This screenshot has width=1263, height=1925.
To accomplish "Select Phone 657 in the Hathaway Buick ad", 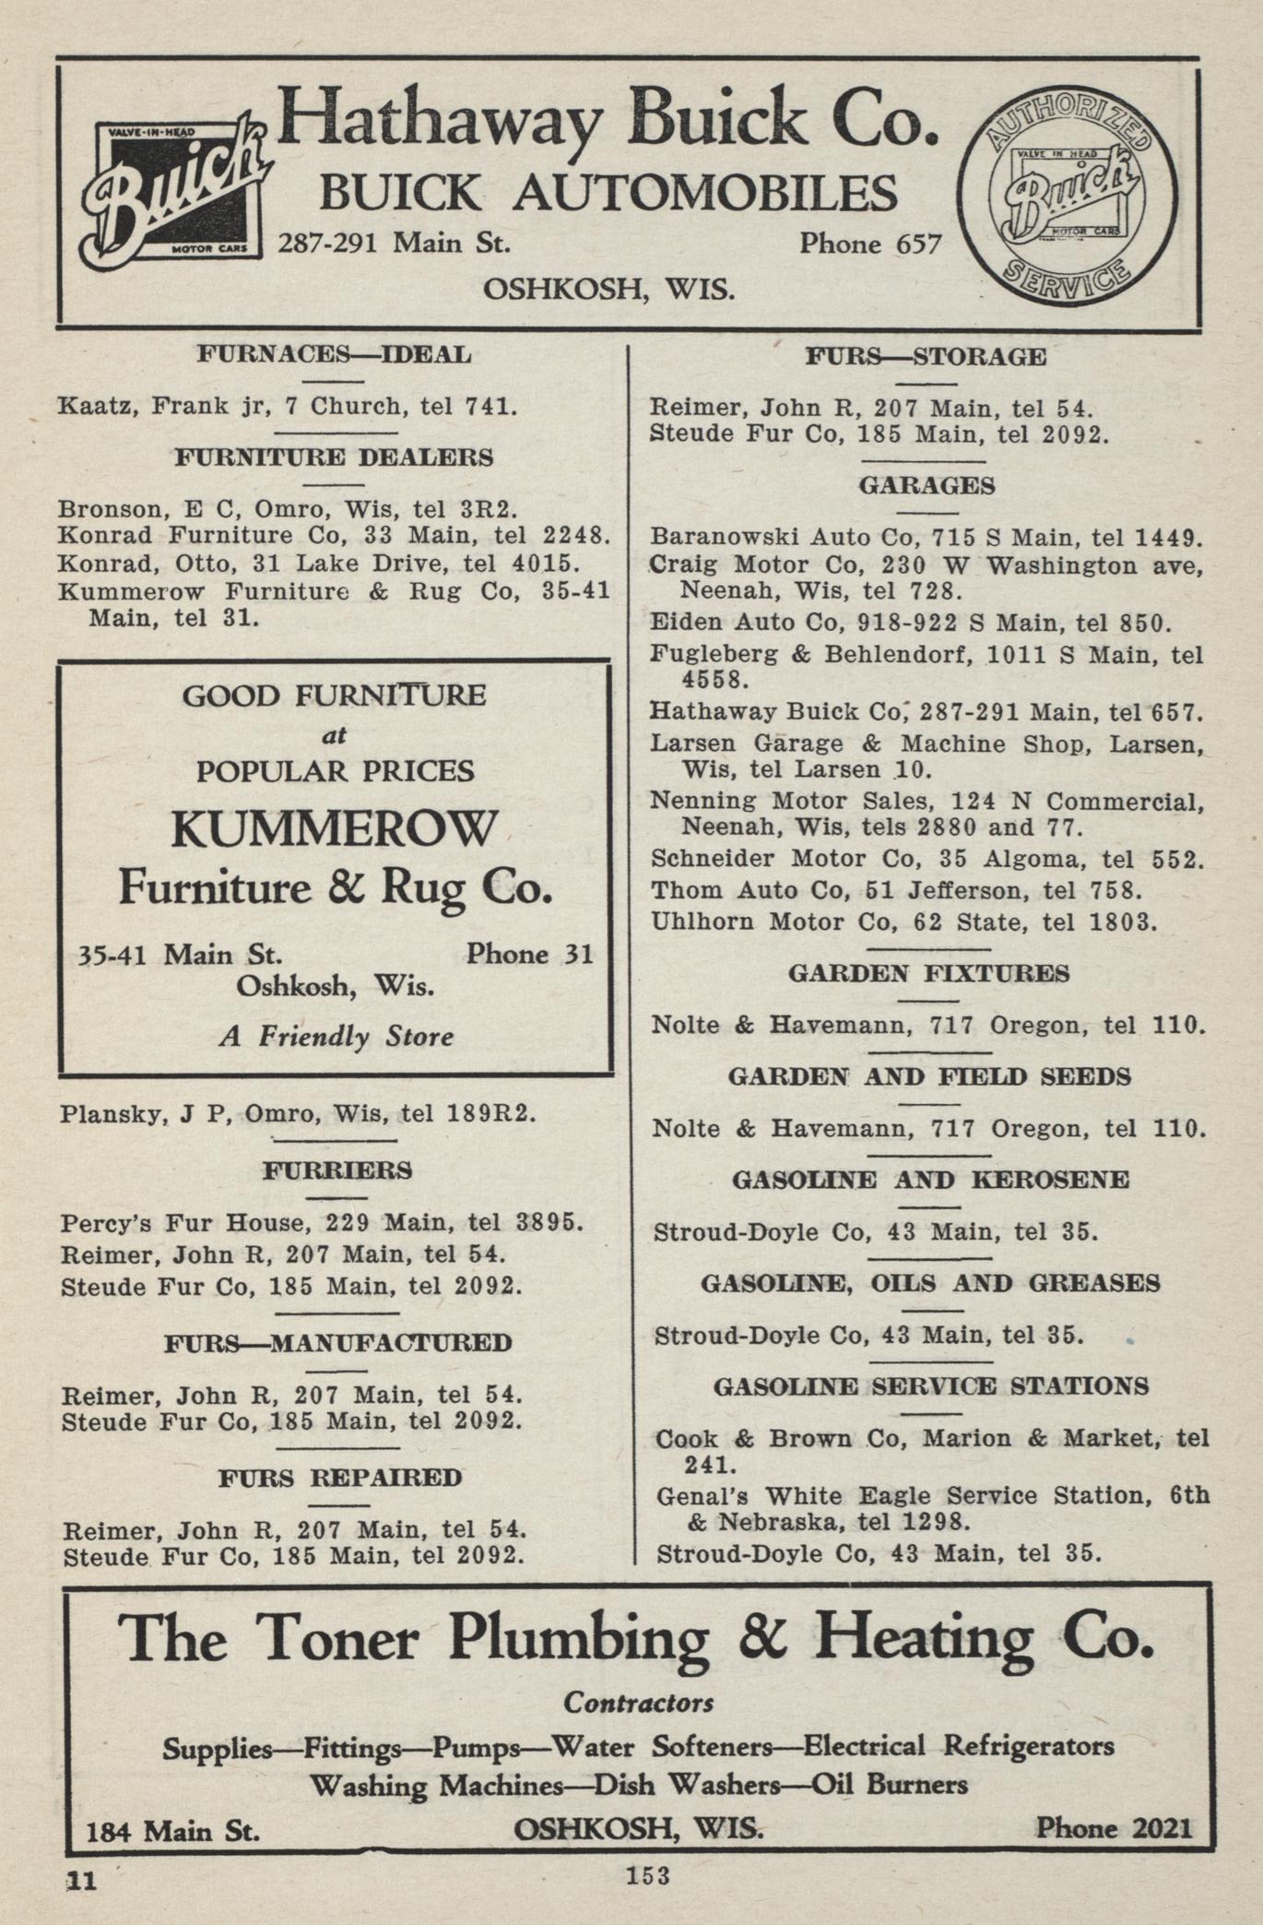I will pyautogui.click(x=869, y=244).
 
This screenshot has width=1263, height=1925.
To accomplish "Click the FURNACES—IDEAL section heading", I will pyautogui.click(x=334, y=355).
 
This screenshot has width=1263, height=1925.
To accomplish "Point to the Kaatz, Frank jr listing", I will pyautogui.click(x=287, y=406).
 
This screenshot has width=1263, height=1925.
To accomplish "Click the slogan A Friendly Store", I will pyautogui.click(x=336, y=1037).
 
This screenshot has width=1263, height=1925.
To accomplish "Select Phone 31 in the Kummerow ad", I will pyautogui.click(x=529, y=954).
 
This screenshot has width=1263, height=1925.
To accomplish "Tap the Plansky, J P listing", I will pyautogui.click(x=297, y=1113).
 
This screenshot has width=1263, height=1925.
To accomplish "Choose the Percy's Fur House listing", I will pyautogui.click(x=322, y=1223).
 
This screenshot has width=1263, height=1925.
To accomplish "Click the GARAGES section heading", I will pyautogui.click(x=927, y=486).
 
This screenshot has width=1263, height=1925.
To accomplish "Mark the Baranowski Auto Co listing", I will pyautogui.click(x=925, y=537).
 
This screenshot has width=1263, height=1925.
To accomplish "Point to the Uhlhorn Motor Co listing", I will pyautogui.click(x=903, y=921).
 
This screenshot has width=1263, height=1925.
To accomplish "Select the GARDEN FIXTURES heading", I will pyautogui.click(x=928, y=974).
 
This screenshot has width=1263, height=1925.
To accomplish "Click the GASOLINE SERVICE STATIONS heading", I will pyautogui.click(x=931, y=1386).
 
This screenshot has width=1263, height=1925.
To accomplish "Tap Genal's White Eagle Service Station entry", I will pyautogui.click(x=931, y=1508).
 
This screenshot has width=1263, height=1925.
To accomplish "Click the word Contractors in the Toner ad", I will pyautogui.click(x=638, y=1702).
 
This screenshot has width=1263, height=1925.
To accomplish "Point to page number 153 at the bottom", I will pyautogui.click(x=648, y=1875).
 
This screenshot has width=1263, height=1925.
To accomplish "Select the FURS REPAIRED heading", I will pyautogui.click(x=340, y=1478).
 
